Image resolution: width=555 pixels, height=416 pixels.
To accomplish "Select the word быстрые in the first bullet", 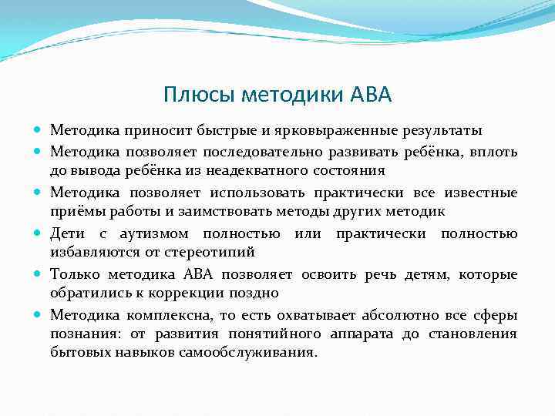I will [200, 128].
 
